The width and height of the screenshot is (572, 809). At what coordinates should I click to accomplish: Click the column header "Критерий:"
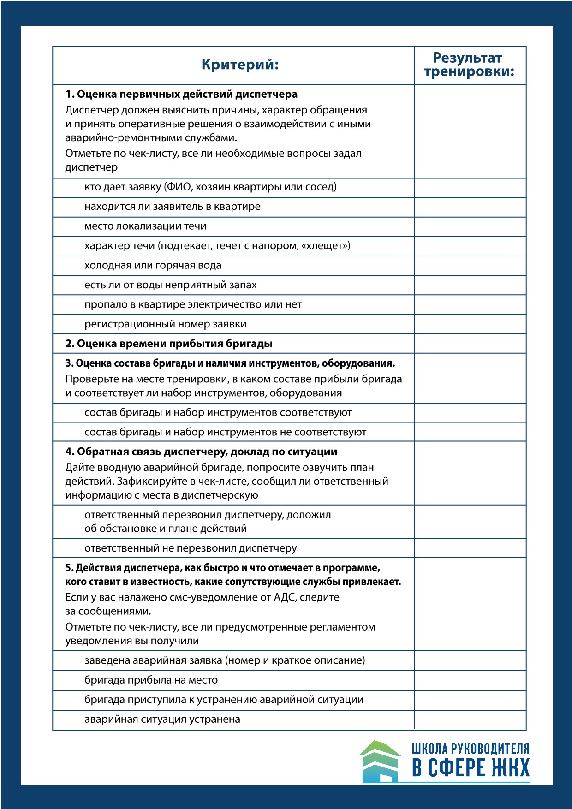click(240, 65)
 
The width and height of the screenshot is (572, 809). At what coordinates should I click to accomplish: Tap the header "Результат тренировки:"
click(469, 65)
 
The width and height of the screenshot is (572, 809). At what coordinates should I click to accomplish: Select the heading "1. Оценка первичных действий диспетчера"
click(181, 94)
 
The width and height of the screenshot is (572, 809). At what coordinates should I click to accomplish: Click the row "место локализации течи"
click(145, 226)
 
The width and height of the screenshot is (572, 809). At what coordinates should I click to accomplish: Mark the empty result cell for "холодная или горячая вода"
click(470, 266)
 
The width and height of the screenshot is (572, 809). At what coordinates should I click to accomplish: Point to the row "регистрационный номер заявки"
click(165, 324)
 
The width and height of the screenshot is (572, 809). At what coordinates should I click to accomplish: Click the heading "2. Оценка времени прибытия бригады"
click(169, 344)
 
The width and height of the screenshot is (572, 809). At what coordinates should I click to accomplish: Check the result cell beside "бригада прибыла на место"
click(470, 680)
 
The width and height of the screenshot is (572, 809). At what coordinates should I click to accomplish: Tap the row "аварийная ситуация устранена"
click(162, 720)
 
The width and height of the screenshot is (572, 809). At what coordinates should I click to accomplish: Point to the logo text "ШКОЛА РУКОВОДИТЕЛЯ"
click(471, 748)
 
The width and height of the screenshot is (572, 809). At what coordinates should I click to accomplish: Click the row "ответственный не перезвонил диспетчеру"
click(191, 548)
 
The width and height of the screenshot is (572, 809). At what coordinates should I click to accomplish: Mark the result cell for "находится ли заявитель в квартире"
click(470, 207)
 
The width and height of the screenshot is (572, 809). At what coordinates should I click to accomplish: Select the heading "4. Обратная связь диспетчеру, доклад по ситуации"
click(201, 452)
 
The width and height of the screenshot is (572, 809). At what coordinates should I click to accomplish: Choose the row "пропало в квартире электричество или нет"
click(193, 305)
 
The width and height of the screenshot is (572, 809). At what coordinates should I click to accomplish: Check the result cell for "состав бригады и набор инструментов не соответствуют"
click(470, 432)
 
